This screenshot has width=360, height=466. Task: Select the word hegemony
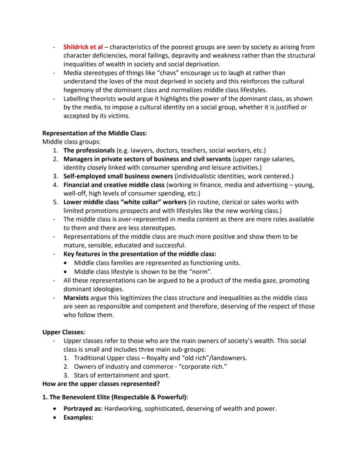[82, 90]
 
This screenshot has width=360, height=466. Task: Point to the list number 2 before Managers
[56, 159]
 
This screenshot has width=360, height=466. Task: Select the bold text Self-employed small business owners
[118, 176]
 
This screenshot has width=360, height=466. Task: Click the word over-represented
[135, 219]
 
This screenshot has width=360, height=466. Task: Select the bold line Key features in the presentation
[140, 254]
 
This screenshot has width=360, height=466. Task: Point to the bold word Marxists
[77, 298]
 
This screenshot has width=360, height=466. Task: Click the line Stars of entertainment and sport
[122, 375]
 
